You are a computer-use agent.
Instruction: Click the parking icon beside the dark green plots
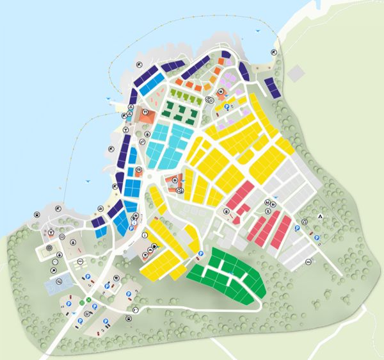tap(200, 254)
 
